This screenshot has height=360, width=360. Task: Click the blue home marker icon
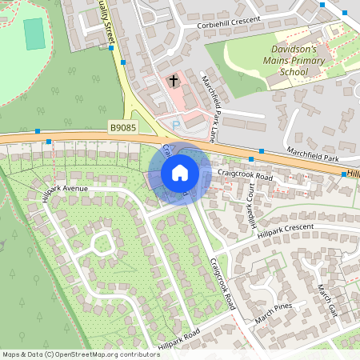pyautogui.click(x=180, y=172)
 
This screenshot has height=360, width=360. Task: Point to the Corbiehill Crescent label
pyautogui.click(x=228, y=25)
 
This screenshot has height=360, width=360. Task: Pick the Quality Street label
pyautogui.click(x=109, y=25)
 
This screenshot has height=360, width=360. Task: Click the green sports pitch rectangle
pyautogui.click(x=34, y=34)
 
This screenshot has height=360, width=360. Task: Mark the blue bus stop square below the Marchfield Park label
pyautogui.click(x=262, y=150)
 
